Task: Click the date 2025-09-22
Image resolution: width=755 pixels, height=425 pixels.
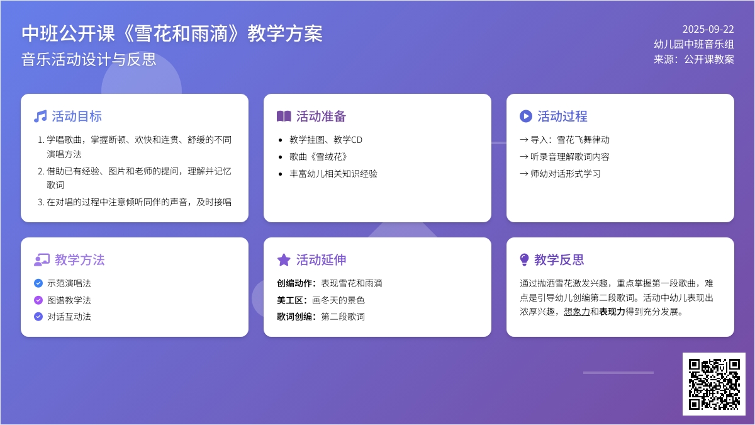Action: tap(708, 30)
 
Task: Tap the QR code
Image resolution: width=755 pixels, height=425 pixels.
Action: tap(714, 384)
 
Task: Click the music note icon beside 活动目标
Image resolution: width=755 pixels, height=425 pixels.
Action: tap(40, 116)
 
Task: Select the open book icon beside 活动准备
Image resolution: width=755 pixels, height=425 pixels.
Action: tap(284, 116)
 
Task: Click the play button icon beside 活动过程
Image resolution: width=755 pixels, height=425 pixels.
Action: tap(526, 116)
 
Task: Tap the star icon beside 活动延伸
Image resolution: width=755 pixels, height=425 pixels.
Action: tap(284, 259)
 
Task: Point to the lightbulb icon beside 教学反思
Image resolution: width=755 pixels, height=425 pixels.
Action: tap(524, 259)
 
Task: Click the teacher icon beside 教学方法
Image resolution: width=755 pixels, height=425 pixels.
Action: tap(42, 259)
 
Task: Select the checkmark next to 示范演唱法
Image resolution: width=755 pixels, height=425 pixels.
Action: tap(38, 283)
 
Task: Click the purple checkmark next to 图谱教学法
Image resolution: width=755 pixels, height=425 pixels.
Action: tap(38, 300)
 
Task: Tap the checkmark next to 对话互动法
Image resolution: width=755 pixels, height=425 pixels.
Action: tap(38, 316)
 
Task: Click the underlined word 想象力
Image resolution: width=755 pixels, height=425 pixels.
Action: tap(577, 312)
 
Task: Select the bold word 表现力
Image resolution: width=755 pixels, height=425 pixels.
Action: tap(612, 312)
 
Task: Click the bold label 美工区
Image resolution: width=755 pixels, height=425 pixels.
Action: tap(290, 300)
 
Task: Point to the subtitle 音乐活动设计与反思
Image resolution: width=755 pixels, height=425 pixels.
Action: tap(89, 59)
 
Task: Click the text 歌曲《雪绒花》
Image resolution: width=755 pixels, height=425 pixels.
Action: tap(318, 157)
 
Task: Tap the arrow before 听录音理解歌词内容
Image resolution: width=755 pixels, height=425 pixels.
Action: tap(523, 157)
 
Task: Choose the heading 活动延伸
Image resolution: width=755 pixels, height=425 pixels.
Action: tap(322, 259)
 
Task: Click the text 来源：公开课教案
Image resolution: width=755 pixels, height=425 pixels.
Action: tap(694, 59)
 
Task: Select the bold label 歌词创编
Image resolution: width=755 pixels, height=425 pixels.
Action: tap(294, 316)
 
